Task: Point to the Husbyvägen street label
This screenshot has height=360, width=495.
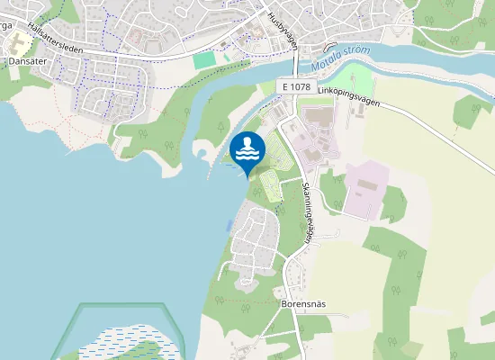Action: coord(282,28)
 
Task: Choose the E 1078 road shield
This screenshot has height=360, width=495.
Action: coord(295,86)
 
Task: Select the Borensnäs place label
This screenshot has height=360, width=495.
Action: coord(302,304)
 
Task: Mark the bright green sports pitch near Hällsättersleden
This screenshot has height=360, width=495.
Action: coord(205,58)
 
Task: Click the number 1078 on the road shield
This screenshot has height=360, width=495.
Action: coord(301,86)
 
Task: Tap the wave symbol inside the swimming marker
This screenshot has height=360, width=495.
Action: coord(247,153)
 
